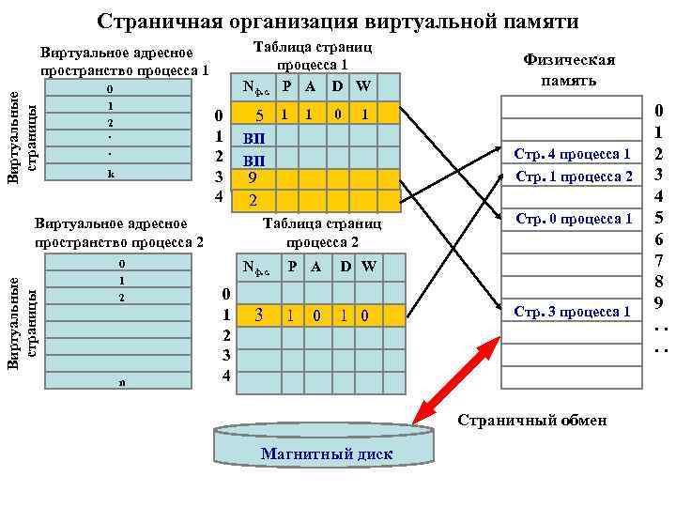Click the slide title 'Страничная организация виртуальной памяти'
click(x=338, y=21)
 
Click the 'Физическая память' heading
click(x=568, y=69)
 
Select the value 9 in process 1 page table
click(x=252, y=177)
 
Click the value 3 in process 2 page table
click(x=259, y=315)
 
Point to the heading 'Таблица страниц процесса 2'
click(x=321, y=232)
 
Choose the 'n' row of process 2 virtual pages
click(x=122, y=382)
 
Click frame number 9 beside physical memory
click(x=660, y=302)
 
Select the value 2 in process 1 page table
click(x=252, y=199)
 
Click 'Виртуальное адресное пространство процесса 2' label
click(x=118, y=233)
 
